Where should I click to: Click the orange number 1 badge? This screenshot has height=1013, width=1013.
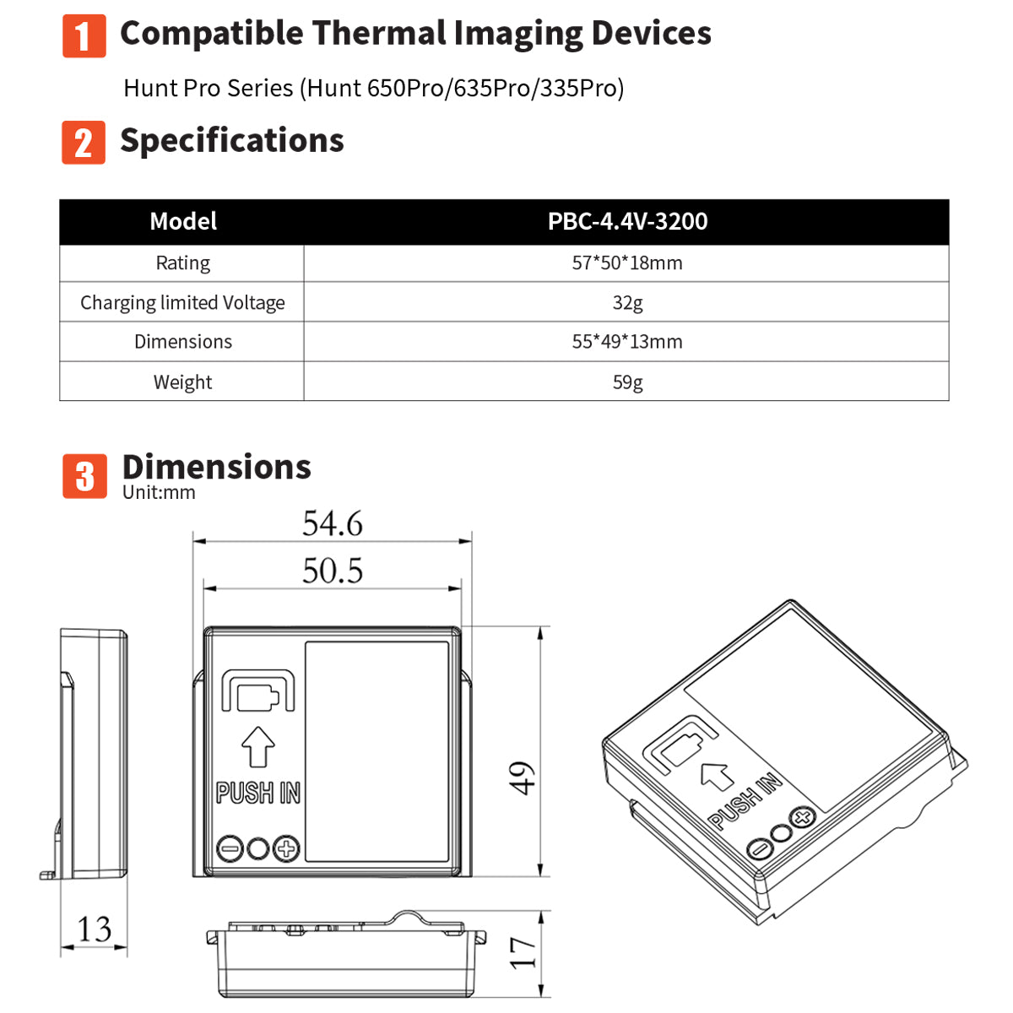pyautogui.click(x=84, y=36)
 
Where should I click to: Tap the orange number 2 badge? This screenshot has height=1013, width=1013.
pyautogui.click(x=84, y=142)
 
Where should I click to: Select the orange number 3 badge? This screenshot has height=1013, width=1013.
pyautogui.click(x=84, y=476)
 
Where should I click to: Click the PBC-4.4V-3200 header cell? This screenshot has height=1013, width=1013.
pyautogui.click(x=627, y=222)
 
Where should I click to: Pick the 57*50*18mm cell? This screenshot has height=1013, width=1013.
pyautogui.click(x=627, y=263)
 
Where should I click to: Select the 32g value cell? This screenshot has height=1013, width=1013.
pyautogui.click(x=627, y=302)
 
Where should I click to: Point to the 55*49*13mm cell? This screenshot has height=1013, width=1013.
pyautogui.click(x=627, y=342)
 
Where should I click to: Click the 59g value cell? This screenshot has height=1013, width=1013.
pyautogui.click(x=627, y=382)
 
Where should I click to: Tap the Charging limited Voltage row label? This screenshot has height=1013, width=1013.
pyautogui.click(x=182, y=302)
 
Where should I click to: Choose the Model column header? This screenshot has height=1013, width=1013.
pyautogui.click(x=182, y=222)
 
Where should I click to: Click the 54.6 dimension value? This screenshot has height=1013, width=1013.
pyautogui.click(x=333, y=524)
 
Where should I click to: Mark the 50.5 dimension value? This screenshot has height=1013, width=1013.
pyautogui.click(x=333, y=572)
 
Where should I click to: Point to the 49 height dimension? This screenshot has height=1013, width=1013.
pyautogui.click(x=523, y=777)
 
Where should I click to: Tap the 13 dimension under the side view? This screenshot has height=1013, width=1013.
pyautogui.click(x=94, y=929)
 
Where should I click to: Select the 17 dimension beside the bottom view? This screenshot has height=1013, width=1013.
pyautogui.click(x=523, y=952)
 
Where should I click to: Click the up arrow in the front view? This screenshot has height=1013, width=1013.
pyautogui.click(x=258, y=747)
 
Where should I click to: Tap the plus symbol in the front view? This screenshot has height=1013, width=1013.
pyautogui.click(x=287, y=848)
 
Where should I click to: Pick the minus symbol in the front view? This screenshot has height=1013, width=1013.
pyautogui.click(x=229, y=848)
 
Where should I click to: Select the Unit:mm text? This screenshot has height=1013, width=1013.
pyautogui.click(x=159, y=493)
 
